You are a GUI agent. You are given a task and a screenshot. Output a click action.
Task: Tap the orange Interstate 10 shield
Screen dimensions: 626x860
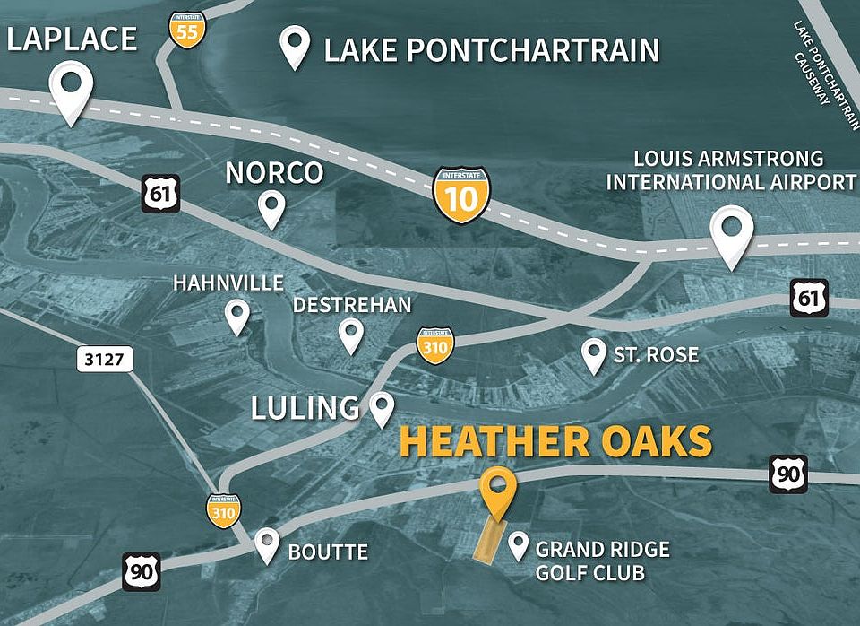point(461,194)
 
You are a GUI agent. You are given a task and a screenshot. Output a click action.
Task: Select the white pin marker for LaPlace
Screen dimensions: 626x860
point(71,90)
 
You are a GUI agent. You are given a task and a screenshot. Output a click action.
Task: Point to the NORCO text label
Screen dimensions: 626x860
point(273,172)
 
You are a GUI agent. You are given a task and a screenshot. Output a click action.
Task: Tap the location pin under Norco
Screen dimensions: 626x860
point(271,209)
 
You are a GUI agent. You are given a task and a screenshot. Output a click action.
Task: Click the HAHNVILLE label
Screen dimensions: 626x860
point(228,283)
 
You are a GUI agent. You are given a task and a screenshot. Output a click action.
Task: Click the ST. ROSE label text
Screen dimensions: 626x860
point(655,355)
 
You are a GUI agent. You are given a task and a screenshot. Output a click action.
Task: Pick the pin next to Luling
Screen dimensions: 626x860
point(383,408)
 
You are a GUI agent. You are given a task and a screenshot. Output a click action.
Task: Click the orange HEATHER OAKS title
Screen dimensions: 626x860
point(555,442)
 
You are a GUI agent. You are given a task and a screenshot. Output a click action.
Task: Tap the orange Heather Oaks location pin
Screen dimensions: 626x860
point(497,491)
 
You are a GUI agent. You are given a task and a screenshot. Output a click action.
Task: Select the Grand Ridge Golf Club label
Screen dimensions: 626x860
point(590,561)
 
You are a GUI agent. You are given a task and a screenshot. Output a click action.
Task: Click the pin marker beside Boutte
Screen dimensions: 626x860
point(267,544)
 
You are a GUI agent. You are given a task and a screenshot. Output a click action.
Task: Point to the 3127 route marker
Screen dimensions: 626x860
point(104,361)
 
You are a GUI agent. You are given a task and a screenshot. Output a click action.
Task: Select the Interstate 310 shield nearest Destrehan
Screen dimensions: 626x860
point(434,345)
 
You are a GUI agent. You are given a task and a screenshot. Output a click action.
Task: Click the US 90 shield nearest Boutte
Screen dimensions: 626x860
point(141,571)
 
